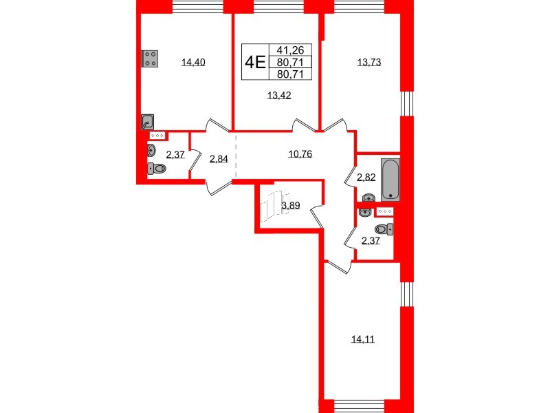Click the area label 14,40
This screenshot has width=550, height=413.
point(193,63)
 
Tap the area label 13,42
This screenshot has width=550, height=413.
point(279,96)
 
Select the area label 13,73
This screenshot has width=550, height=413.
point(368,63)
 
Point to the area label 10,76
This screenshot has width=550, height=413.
point(300,154)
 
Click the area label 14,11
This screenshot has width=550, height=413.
point(362,338)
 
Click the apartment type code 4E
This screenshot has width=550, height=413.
point(256,62)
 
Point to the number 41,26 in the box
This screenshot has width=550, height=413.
point(294,50)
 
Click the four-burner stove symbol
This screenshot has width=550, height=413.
point(151,59)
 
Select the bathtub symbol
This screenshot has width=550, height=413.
point(390,177)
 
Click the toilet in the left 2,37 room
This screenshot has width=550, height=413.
point(157,169)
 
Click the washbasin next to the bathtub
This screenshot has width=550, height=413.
point(365,200)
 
